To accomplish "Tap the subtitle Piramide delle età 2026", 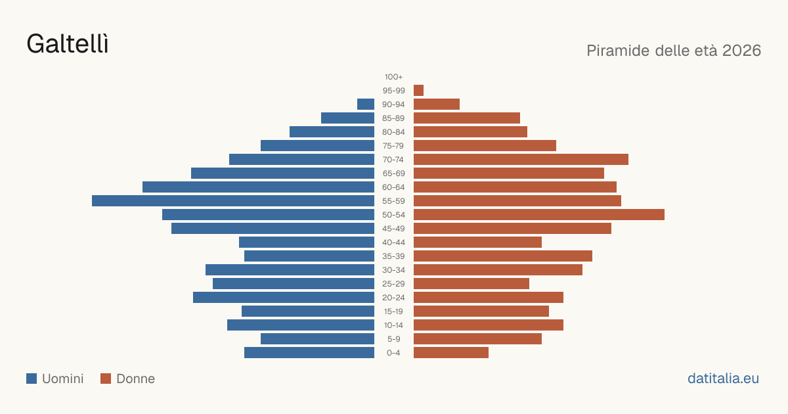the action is point(674,51).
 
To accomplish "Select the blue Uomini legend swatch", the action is point(32,379).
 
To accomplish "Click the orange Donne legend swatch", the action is point(106,379).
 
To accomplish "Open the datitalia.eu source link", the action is point(723,379).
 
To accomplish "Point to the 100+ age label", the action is point(393,77).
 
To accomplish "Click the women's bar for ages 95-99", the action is point(419,91).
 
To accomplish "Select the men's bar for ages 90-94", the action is point(366,104).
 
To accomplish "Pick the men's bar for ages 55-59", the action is point(233,200).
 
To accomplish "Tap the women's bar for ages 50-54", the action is point(539,215).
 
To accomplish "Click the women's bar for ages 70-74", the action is point(521,160).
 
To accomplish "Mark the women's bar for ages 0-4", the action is point(451,353).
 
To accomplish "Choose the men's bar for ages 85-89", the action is point(347,118).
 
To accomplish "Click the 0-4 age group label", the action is point(393,353).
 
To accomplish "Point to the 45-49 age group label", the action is point(393,229).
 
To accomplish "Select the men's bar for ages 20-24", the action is point(284,298).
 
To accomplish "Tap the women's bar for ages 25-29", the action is point(471,284).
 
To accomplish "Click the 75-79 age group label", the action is point(393,146).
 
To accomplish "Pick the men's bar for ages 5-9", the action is point(317,338).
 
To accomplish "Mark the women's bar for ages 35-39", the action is point(503,256).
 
